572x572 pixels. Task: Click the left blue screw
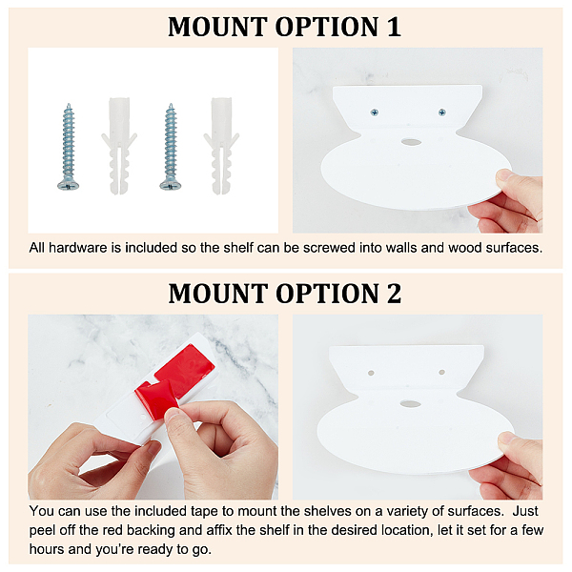tap(69, 147)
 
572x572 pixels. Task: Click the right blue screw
tap(171, 147)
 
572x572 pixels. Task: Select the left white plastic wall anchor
tap(119, 145)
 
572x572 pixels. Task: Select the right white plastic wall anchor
tap(221, 145)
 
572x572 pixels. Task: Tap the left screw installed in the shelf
tap(375, 112)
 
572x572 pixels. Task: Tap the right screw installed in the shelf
tap(442, 112)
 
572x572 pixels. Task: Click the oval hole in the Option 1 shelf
tap(410, 141)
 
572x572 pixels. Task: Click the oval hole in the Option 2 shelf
tap(410, 404)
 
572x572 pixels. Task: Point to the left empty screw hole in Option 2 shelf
tap(371, 373)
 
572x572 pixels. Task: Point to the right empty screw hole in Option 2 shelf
tap(441, 373)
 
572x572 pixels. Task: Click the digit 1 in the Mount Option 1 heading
tap(394, 28)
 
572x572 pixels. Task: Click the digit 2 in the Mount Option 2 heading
tap(394, 294)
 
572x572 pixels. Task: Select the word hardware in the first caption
tap(79, 248)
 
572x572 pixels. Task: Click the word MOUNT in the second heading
tap(217, 294)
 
